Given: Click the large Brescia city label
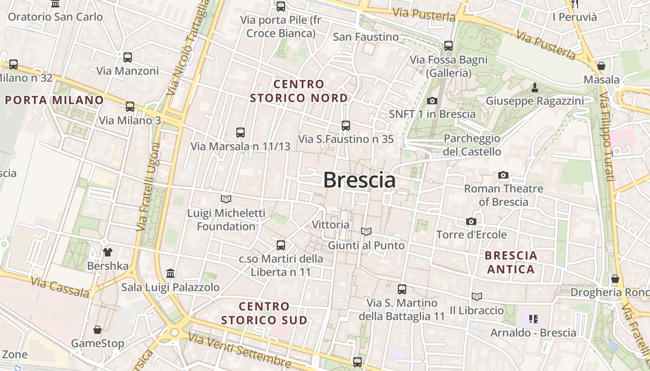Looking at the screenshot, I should (359, 180).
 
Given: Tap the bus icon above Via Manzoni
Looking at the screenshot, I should (127, 58).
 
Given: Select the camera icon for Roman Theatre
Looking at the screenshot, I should (503, 175).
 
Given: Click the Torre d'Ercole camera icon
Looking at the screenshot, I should (471, 222).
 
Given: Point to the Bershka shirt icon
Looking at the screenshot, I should (108, 252).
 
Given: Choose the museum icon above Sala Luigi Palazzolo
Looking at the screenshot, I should (170, 274).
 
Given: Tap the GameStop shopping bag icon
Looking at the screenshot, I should (97, 330).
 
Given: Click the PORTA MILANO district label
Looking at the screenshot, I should (54, 100).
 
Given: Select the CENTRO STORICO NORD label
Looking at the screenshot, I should (299, 91).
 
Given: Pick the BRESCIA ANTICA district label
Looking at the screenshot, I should (511, 262).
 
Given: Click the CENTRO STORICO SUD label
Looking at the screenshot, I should (264, 313).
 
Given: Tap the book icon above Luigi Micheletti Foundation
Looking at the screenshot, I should (226, 199).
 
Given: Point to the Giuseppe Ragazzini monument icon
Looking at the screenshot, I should (534, 87).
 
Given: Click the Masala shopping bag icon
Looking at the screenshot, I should (601, 66).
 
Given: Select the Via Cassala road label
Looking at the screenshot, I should (60, 287).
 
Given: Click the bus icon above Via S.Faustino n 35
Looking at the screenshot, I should (345, 125).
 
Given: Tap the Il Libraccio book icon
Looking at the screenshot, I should (476, 296).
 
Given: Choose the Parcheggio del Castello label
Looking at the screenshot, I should (472, 145).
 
